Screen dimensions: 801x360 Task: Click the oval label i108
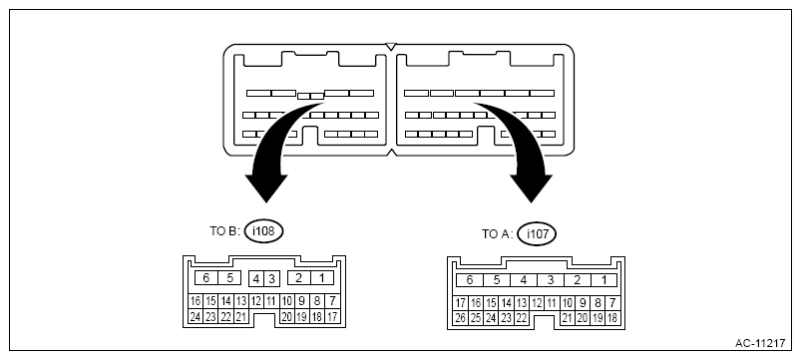[x=263, y=231]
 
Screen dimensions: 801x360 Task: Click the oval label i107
[x=536, y=234]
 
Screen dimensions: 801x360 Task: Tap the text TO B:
[x=224, y=231]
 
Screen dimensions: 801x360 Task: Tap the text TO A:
[x=497, y=234]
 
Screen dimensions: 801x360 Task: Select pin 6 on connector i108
[x=206, y=278]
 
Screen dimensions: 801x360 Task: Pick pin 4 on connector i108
[x=256, y=279]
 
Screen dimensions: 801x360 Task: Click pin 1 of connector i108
[x=322, y=278]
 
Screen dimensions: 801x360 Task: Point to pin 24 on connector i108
[x=196, y=316]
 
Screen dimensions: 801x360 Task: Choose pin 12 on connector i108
[x=256, y=302]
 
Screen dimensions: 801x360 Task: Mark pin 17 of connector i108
[x=332, y=316]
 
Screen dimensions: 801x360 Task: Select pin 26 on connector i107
[x=461, y=318]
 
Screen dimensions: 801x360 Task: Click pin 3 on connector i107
[x=551, y=280]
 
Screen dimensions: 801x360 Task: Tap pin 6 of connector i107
[x=470, y=280]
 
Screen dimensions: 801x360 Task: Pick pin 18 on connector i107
[x=611, y=318]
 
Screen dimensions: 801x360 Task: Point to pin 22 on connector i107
[x=521, y=318]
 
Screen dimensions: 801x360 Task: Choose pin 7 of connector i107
[x=611, y=303]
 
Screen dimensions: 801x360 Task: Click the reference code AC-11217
[x=760, y=343]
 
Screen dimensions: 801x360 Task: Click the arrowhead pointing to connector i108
[x=266, y=188]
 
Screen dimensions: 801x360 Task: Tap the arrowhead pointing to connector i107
[x=531, y=188]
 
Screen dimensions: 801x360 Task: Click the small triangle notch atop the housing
[x=391, y=47]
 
